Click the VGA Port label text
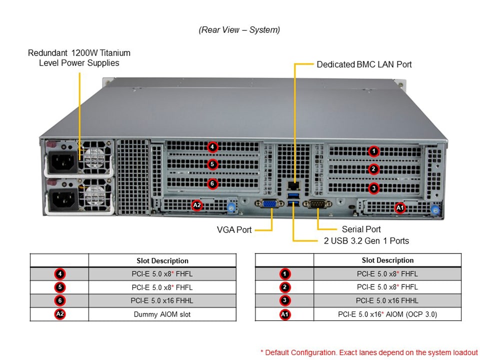[x=234, y=229]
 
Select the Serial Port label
[x=361, y=229]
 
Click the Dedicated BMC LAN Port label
[x=364, y=64]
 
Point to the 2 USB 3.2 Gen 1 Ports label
[x=366, y=241]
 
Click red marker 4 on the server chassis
[x=212, y=147]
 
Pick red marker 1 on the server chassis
[x=373, y=151]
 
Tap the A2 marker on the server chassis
[x=197, y=205]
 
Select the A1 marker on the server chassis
[x=400, y=207]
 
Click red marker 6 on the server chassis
[x=212, y=183]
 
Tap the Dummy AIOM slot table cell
[x=162, y=314]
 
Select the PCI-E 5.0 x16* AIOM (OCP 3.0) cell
[x=387, y=314]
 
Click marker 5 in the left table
[x=59, y=287]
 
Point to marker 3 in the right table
[x=284, y=300]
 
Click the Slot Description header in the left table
[x=162, y=260]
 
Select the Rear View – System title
[x=239, y=30]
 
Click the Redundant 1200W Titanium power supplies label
[x=79, y=58]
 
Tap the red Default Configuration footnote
[x=369, y=352]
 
